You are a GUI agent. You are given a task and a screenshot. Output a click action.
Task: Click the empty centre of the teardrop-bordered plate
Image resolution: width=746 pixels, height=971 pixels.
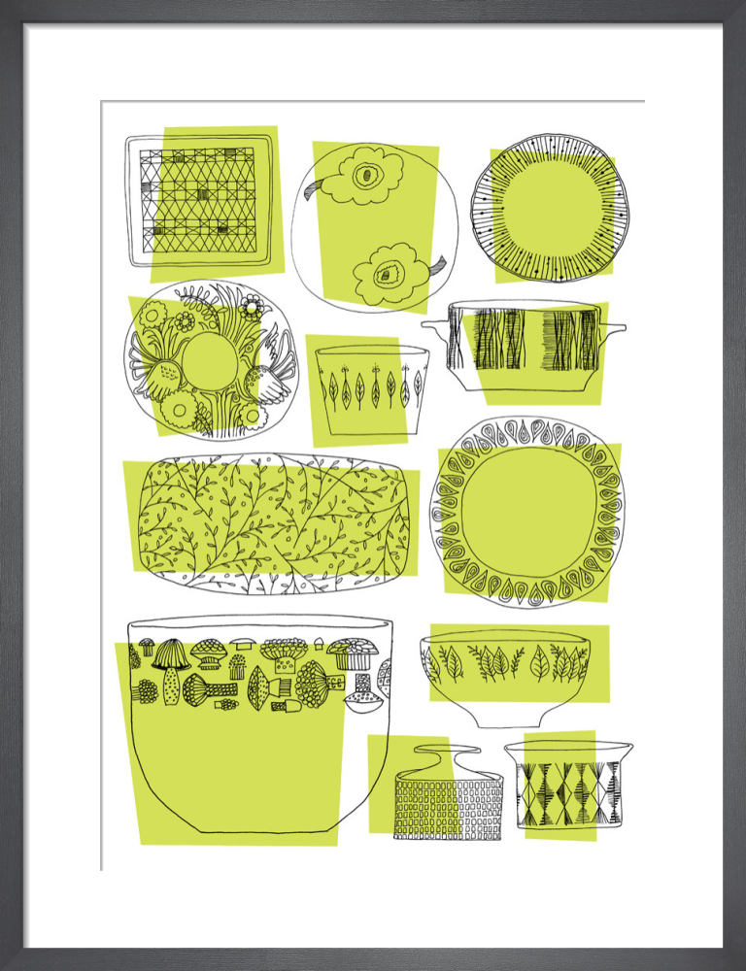point(527,511)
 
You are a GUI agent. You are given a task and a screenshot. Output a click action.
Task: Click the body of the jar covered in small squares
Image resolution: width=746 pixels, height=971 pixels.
point(448,807)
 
